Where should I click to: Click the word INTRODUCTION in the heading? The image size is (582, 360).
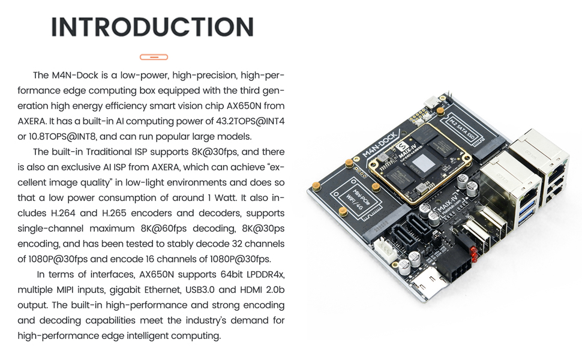coord(152,28)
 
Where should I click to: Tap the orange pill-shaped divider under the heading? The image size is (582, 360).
coord(154,57)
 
